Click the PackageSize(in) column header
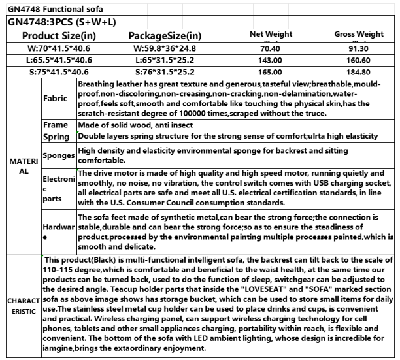click(x=165, y=35)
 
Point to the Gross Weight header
click(x=359, y=33)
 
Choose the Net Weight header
click(x=271, y=33)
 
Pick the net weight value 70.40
click(x=271, y=48)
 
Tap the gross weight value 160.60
click(x=359, y=60)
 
